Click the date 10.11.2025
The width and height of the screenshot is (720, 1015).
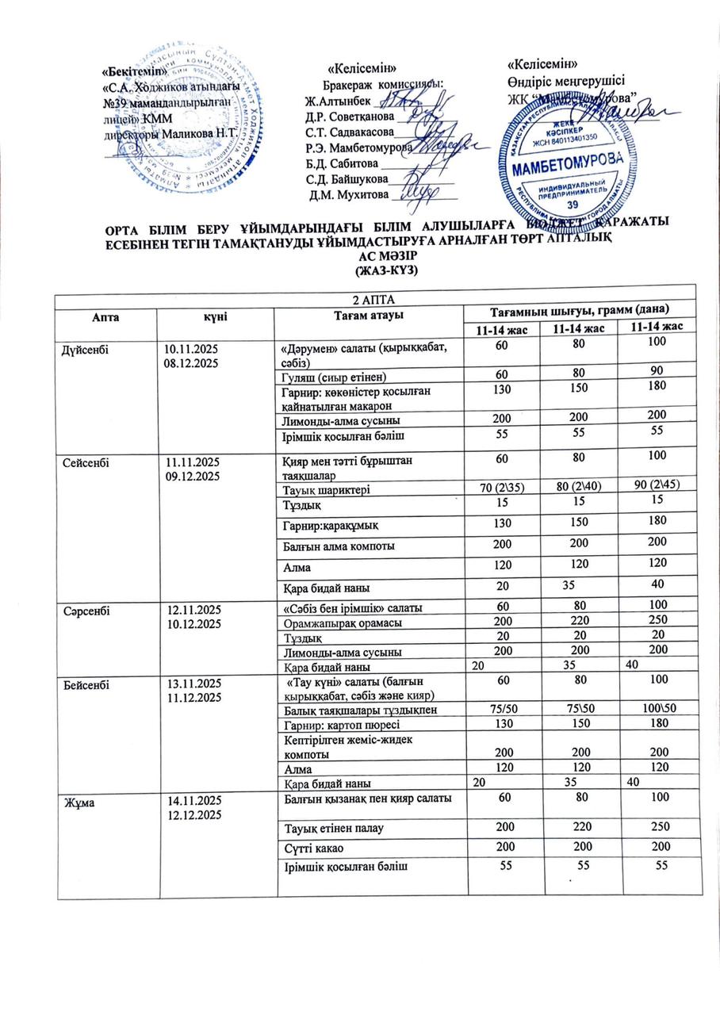(x=190, y=347)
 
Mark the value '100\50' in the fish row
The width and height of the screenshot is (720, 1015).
(x=657, y=709)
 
